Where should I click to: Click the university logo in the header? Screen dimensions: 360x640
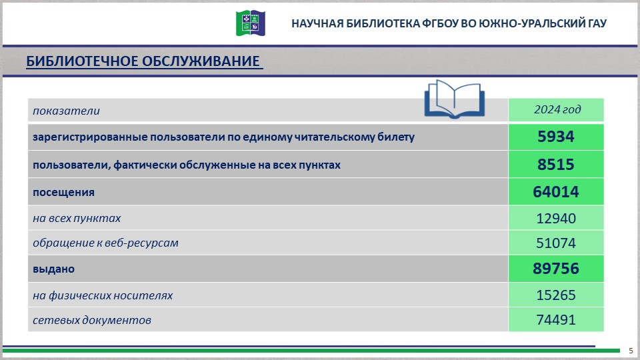point(251,23)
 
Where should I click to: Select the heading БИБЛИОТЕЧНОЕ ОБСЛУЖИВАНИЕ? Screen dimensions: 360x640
point(143,62)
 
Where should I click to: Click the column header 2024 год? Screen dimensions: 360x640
point(557,109)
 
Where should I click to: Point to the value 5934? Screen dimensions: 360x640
point(556,137)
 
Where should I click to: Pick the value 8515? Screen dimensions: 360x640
point(556,165)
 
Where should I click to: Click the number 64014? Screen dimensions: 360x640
point(556,192)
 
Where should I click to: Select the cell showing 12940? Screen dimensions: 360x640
point(556,218)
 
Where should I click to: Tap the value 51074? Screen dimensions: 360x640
point(556,243)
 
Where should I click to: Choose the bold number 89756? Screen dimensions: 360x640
point(556,269)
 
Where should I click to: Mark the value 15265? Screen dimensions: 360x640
point(556,295)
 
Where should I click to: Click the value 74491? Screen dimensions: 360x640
point(556,320)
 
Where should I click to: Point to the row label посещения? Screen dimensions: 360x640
point(63,192)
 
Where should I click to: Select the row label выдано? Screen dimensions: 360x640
point(53,269)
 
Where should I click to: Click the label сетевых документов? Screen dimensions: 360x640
point(92,320)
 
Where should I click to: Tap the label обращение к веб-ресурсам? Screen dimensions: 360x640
point(105,243)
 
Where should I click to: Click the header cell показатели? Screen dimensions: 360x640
point(66,111)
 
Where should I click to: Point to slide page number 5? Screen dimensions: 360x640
point(631,351)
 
